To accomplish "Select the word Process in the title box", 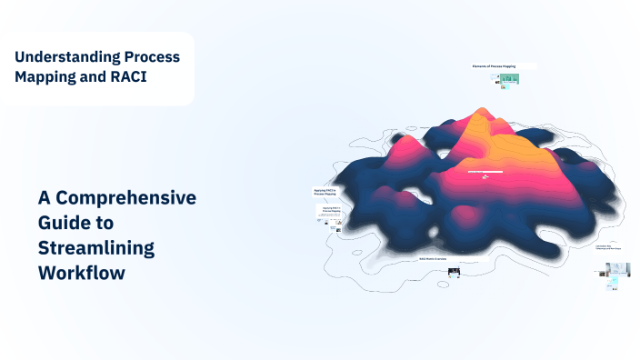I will point(152,56).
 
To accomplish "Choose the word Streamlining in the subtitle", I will point(96,247).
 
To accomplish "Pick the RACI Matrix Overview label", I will point(433,259).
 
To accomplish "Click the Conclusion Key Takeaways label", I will point(609,246).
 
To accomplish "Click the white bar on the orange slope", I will point(485,171).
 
